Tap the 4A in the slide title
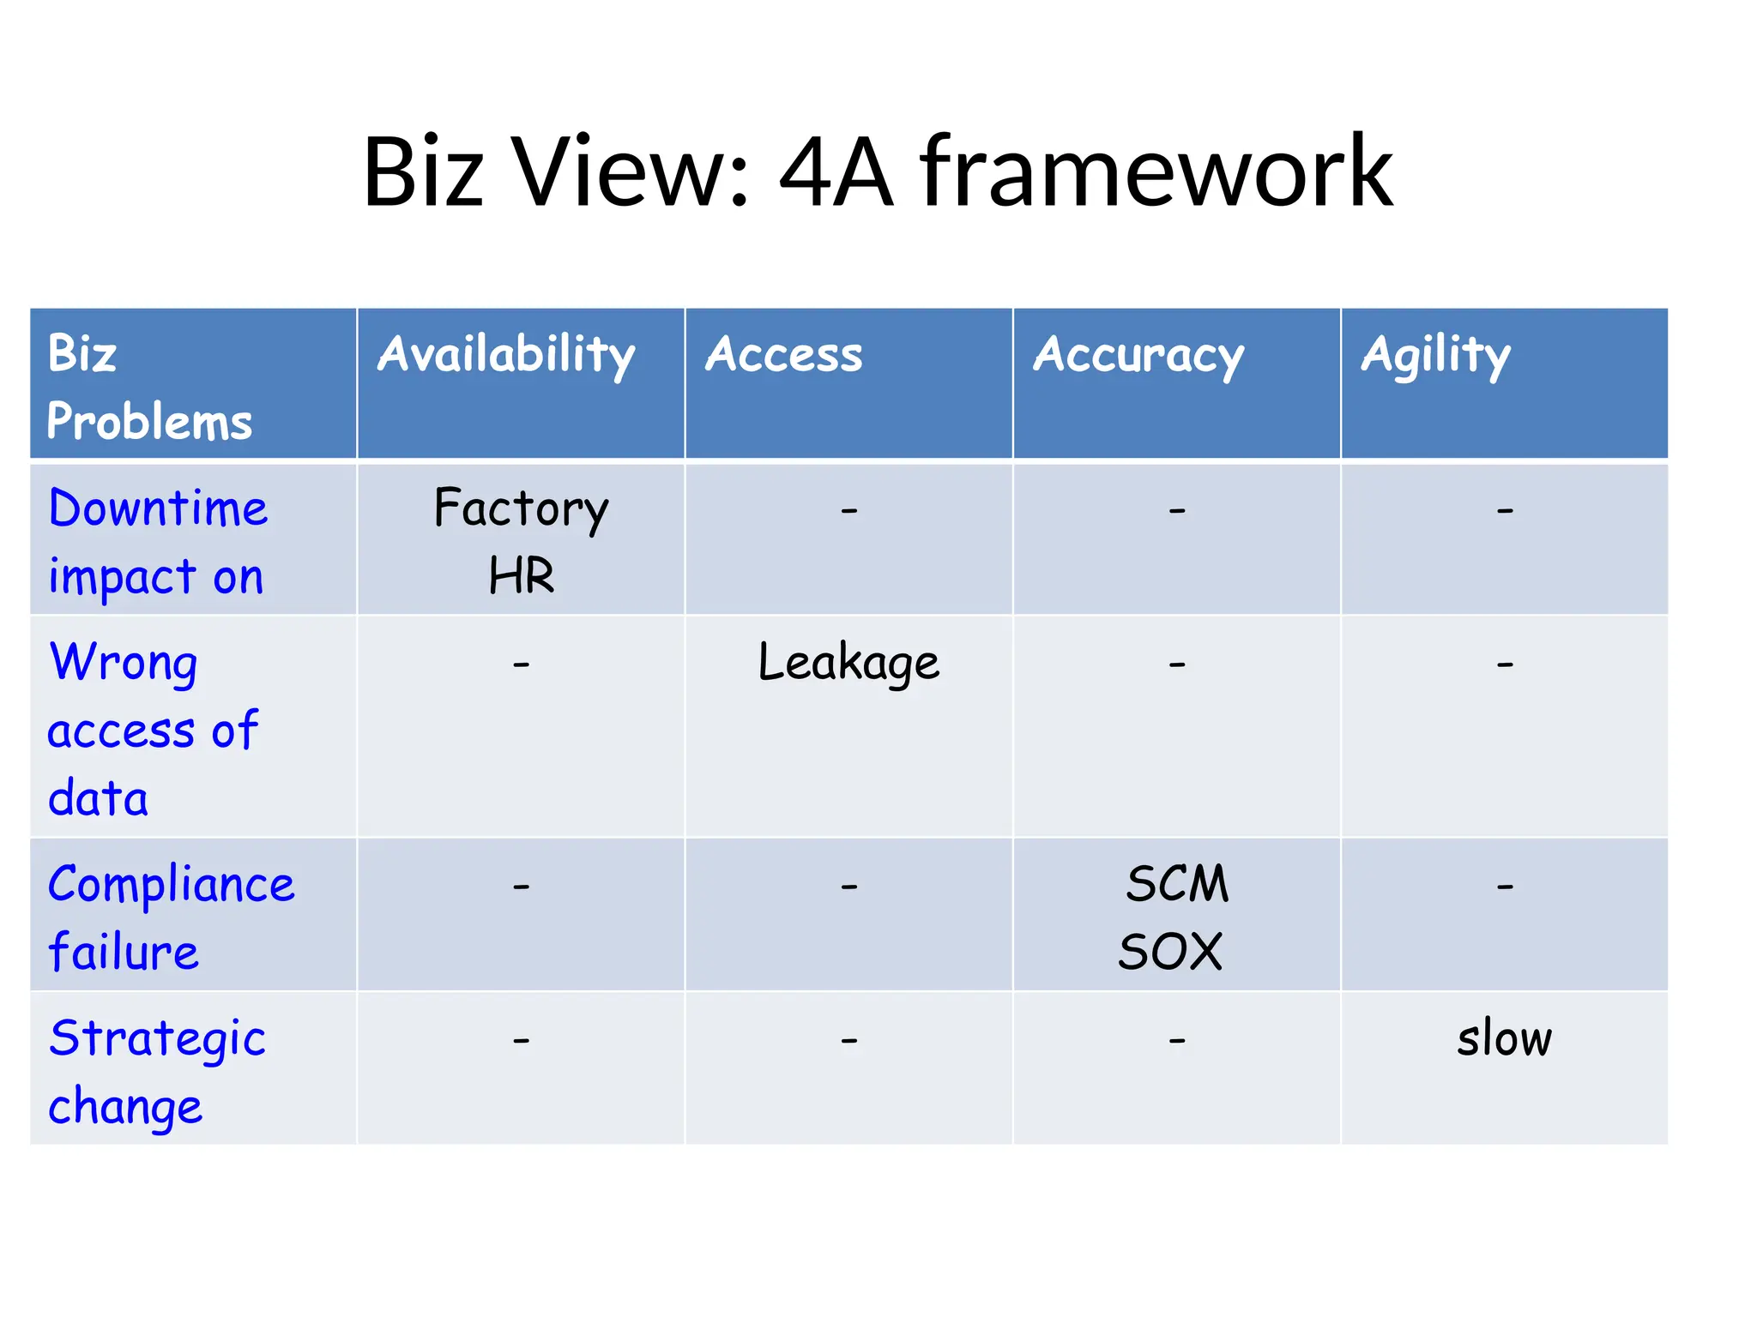[x=836, y=173]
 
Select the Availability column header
[x=506, y=355]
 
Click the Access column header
[x=783, y=355]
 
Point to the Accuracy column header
[x=1138, y=355]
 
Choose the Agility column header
[x=1435, y=355]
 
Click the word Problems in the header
[x=150, y=422]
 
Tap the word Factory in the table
[x=521, y=508]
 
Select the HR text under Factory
[x=521, y=575]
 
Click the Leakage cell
[x=848, y=663]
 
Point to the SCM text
[x=1177, y=884]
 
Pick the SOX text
[x=1170, y=952]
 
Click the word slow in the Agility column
[x=1504, y=1038]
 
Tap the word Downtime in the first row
[x=159, y=508]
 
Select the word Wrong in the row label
[x=124, y=663]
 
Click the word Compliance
[x=172, y=884]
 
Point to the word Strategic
[x=158, y=1038]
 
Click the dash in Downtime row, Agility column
[x=1505, y=511]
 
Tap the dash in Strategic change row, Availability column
[x=521, y=1041]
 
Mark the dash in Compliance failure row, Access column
[x=848, y=887]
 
